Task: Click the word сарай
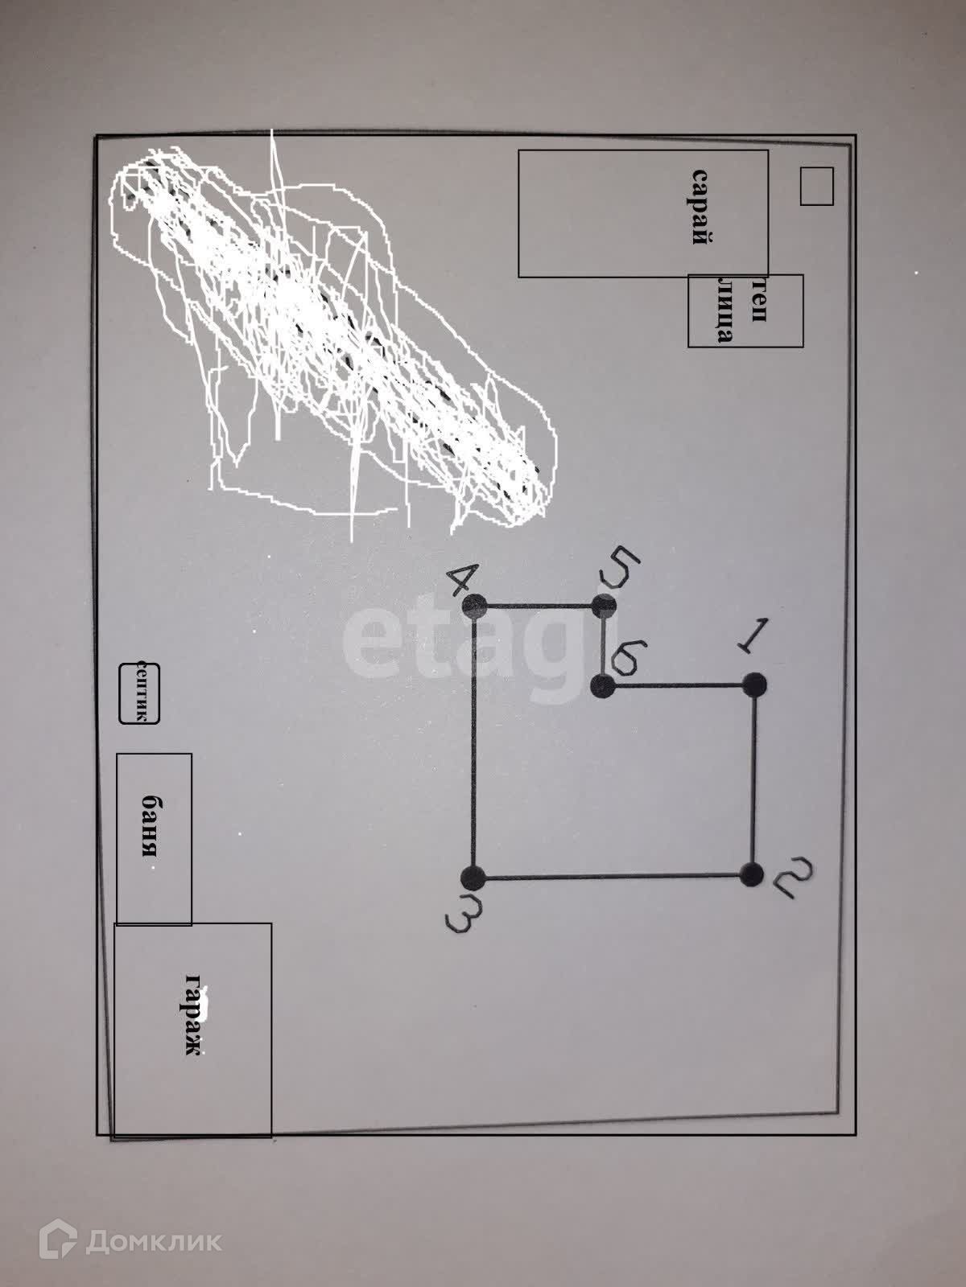(703, 206)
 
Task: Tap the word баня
(150, 827)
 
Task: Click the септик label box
(140, 693)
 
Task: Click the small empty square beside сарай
(816, 186)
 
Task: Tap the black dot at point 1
(753, 685)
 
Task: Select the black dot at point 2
(751, 874)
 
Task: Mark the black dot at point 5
(605, 604)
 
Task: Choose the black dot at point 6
(602, 687)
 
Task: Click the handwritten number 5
(619, 568)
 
